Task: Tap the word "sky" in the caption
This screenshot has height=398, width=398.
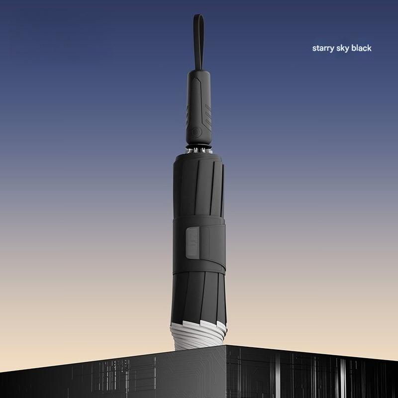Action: click(342, 48)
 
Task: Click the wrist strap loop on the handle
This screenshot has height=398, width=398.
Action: click(199, 41)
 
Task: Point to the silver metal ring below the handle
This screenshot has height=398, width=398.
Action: click(199, 150)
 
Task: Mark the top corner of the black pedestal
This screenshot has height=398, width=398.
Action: click(226, 345)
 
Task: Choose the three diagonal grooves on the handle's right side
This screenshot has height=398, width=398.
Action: click(208, 116)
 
